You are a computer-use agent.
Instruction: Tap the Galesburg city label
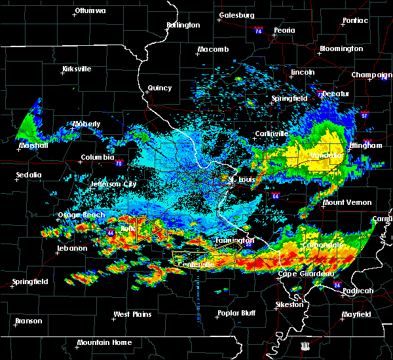[x=236, y=15]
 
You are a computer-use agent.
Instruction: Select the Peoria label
[x=284, y=30]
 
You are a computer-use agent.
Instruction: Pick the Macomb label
[x=213, y=50]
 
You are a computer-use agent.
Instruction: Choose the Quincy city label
[x=160, y=88]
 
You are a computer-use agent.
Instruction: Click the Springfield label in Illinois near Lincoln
[x=290, y=98]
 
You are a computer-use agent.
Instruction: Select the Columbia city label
[x=98, y=158]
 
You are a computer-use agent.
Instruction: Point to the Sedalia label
[x=29, y=175]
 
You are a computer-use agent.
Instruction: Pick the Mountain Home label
[x=104, y=342]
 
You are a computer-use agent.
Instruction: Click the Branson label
[x=28, y=321]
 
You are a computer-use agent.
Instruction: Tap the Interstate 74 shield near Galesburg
[x=259, y=31]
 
